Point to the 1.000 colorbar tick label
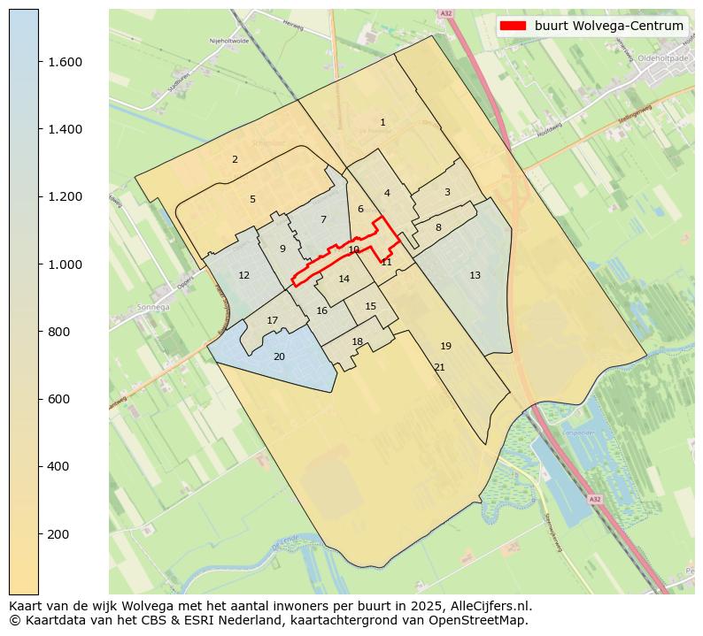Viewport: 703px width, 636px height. [x=65, y=264]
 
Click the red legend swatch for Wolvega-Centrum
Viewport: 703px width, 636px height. [x=514, y=26]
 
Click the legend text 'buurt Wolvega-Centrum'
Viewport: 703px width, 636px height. [x=609, y=26]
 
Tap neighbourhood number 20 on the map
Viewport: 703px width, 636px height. [x=279, y=356]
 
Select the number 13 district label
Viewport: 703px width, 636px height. [x=475, y=275]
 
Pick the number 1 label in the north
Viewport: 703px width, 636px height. [x=382, y=122]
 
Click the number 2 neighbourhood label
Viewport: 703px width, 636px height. [x=235, y=159]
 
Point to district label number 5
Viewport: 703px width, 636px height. [x=252, y=199]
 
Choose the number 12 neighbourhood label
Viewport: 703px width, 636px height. [x=243, y=275]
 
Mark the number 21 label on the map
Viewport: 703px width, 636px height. [x=439, y=367]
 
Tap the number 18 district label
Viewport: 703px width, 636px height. [x=357, y=341]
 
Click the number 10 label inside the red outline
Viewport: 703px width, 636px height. [x=353, y=249]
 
